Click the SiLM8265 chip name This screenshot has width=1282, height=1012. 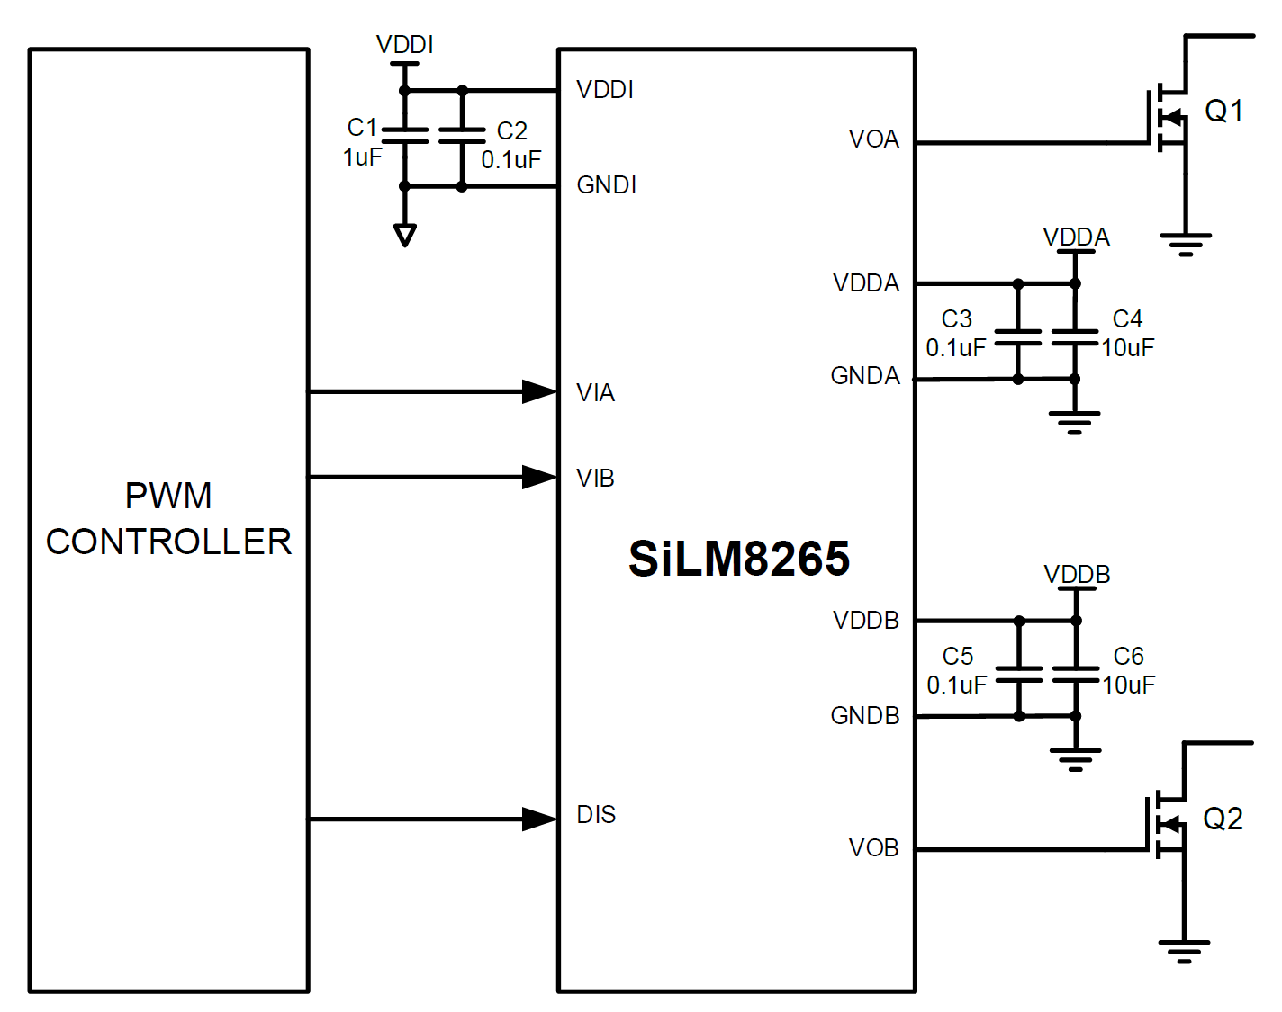pyautogui.click(x=738, y=559)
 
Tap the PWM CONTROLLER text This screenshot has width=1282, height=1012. pyautogui.click(x=168, y=519)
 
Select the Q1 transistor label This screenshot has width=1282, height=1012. pyautogui.click(x=1223, y=111)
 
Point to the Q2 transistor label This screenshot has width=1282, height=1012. pyautogui.click(x=1223, y=819)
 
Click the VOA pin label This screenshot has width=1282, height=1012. pyautogui.click(x=873, y=139)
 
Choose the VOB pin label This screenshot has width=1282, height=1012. pyautogui.click(x=873, y=848)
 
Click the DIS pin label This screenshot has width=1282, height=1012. pyautogui.click(x=596, y=815)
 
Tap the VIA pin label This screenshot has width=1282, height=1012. pyautogui.click(x=595, y=393)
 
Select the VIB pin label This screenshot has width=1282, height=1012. pyautogui.click(x=595, y=479)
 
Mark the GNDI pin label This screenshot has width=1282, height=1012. pyautogui.click(x=606, y=185)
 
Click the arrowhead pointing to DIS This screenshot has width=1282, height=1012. pyautogui.click(x=539, y=819)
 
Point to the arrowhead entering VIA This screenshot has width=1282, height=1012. pyautogui.click(x=539, y=391)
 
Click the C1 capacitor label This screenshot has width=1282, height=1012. pyautogui.click(x=362, y=128)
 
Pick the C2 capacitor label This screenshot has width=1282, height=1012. pyautogui.click(x=511, y=131)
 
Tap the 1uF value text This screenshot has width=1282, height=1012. pyautogui.click(x=362, y=157)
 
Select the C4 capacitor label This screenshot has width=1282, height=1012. pyautogui.click(x=1127, y=319)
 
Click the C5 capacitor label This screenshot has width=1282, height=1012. pyautogui.click(x=958, y=657)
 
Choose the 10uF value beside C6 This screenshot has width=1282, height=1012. pyautogui.click(x=1129, y=685)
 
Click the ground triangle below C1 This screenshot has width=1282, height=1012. pyautogui.click(x=405, y=236)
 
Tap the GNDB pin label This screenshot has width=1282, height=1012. pyautogui.click(x=864, y=716)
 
